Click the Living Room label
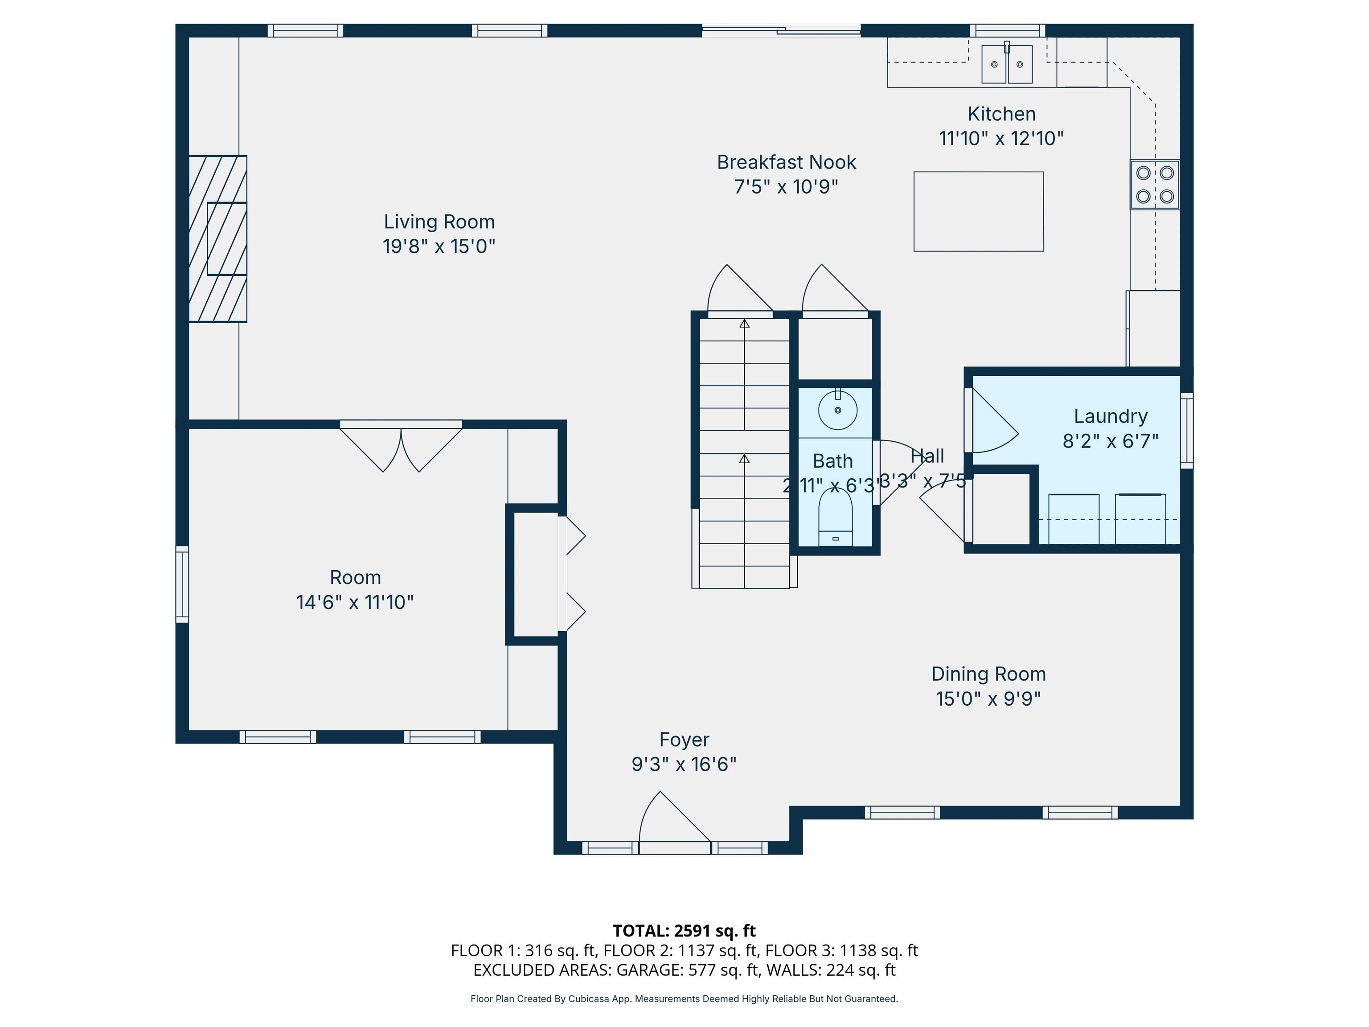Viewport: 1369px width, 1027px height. pyautogui.click(x=439, y=222)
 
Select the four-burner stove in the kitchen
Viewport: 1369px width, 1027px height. pyautogui.click(x=1154, y=185)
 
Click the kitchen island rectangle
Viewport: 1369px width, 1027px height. pyautogui.click(x=979, y=212)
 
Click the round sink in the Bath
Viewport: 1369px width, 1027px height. pyautogui.click(x=837, y=410)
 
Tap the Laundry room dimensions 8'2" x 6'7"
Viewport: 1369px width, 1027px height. pyautogui.click(x=1110, y=441)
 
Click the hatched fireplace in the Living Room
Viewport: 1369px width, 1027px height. pyautogui.click(x=218, y=238)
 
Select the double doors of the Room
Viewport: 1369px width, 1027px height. pyautogui.click(x=401, y=447)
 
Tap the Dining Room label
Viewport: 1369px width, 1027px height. pyautogui.click(x=988, y=674)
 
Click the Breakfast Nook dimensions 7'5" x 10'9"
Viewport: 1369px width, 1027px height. pyautogui.click(x=786, y=186)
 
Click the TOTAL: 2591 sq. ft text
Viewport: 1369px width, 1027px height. pyautogui.click(x=684, y=930)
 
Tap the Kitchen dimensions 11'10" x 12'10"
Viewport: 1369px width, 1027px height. pyautogui.click(x=1001, y=138)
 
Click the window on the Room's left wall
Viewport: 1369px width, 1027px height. pyautogui.click(x=182, y=584)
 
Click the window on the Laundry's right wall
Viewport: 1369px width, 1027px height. pyautogui.click(x=1186, y=430)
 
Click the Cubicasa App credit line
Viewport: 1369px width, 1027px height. pyautogui.click(x=684, y=998)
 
